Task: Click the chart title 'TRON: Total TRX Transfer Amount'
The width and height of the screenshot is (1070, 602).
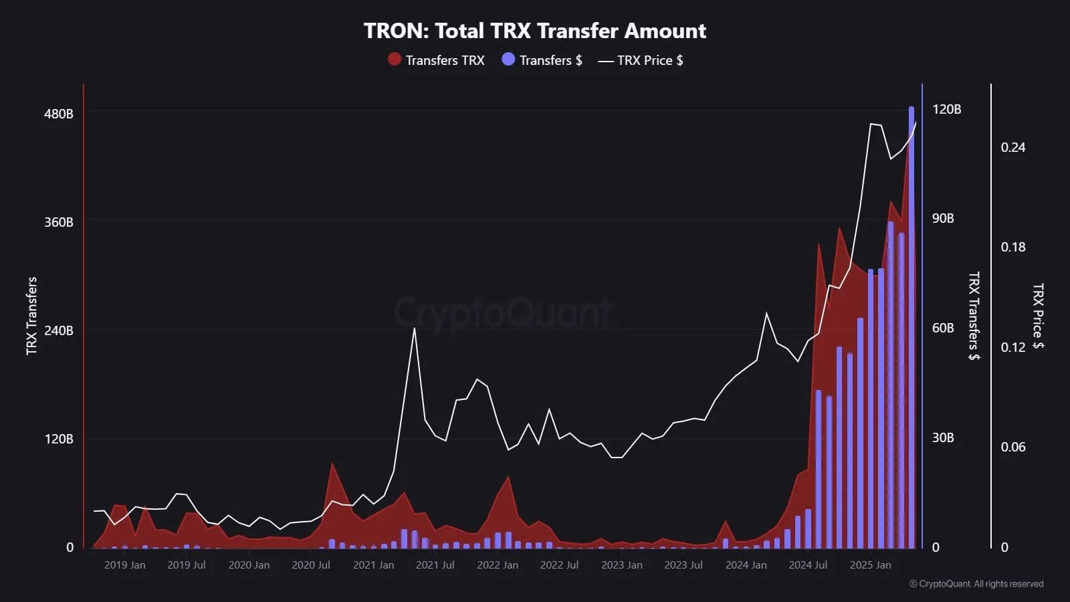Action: [534, 31]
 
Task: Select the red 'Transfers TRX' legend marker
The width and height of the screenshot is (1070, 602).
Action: [395, 60]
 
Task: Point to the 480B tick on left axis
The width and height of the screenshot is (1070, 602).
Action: [59, 114]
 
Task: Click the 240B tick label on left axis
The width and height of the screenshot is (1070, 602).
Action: [59, 330]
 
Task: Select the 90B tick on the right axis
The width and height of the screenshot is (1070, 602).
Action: [943, 219]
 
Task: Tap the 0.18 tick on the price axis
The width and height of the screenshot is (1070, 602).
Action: [1012, 247]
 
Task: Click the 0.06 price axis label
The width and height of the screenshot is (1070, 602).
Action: [1012, 447]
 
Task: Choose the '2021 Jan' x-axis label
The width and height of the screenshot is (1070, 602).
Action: [373, 565]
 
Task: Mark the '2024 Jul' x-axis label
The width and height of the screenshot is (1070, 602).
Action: [808, 565]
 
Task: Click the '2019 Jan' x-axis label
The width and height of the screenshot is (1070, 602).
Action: [124, 565]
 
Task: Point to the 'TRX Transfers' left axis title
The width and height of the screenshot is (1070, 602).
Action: [31, 316]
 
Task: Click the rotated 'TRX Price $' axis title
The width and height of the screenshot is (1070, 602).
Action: [1037, 316]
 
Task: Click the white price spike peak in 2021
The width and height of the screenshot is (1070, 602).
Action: [415, 328]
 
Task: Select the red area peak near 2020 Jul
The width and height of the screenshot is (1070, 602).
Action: [332, 464]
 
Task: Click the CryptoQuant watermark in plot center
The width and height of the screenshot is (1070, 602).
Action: [502, 313]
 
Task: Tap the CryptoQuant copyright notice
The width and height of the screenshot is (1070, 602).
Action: [976, 584]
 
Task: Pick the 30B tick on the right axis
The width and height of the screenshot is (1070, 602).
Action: [943, 437]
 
